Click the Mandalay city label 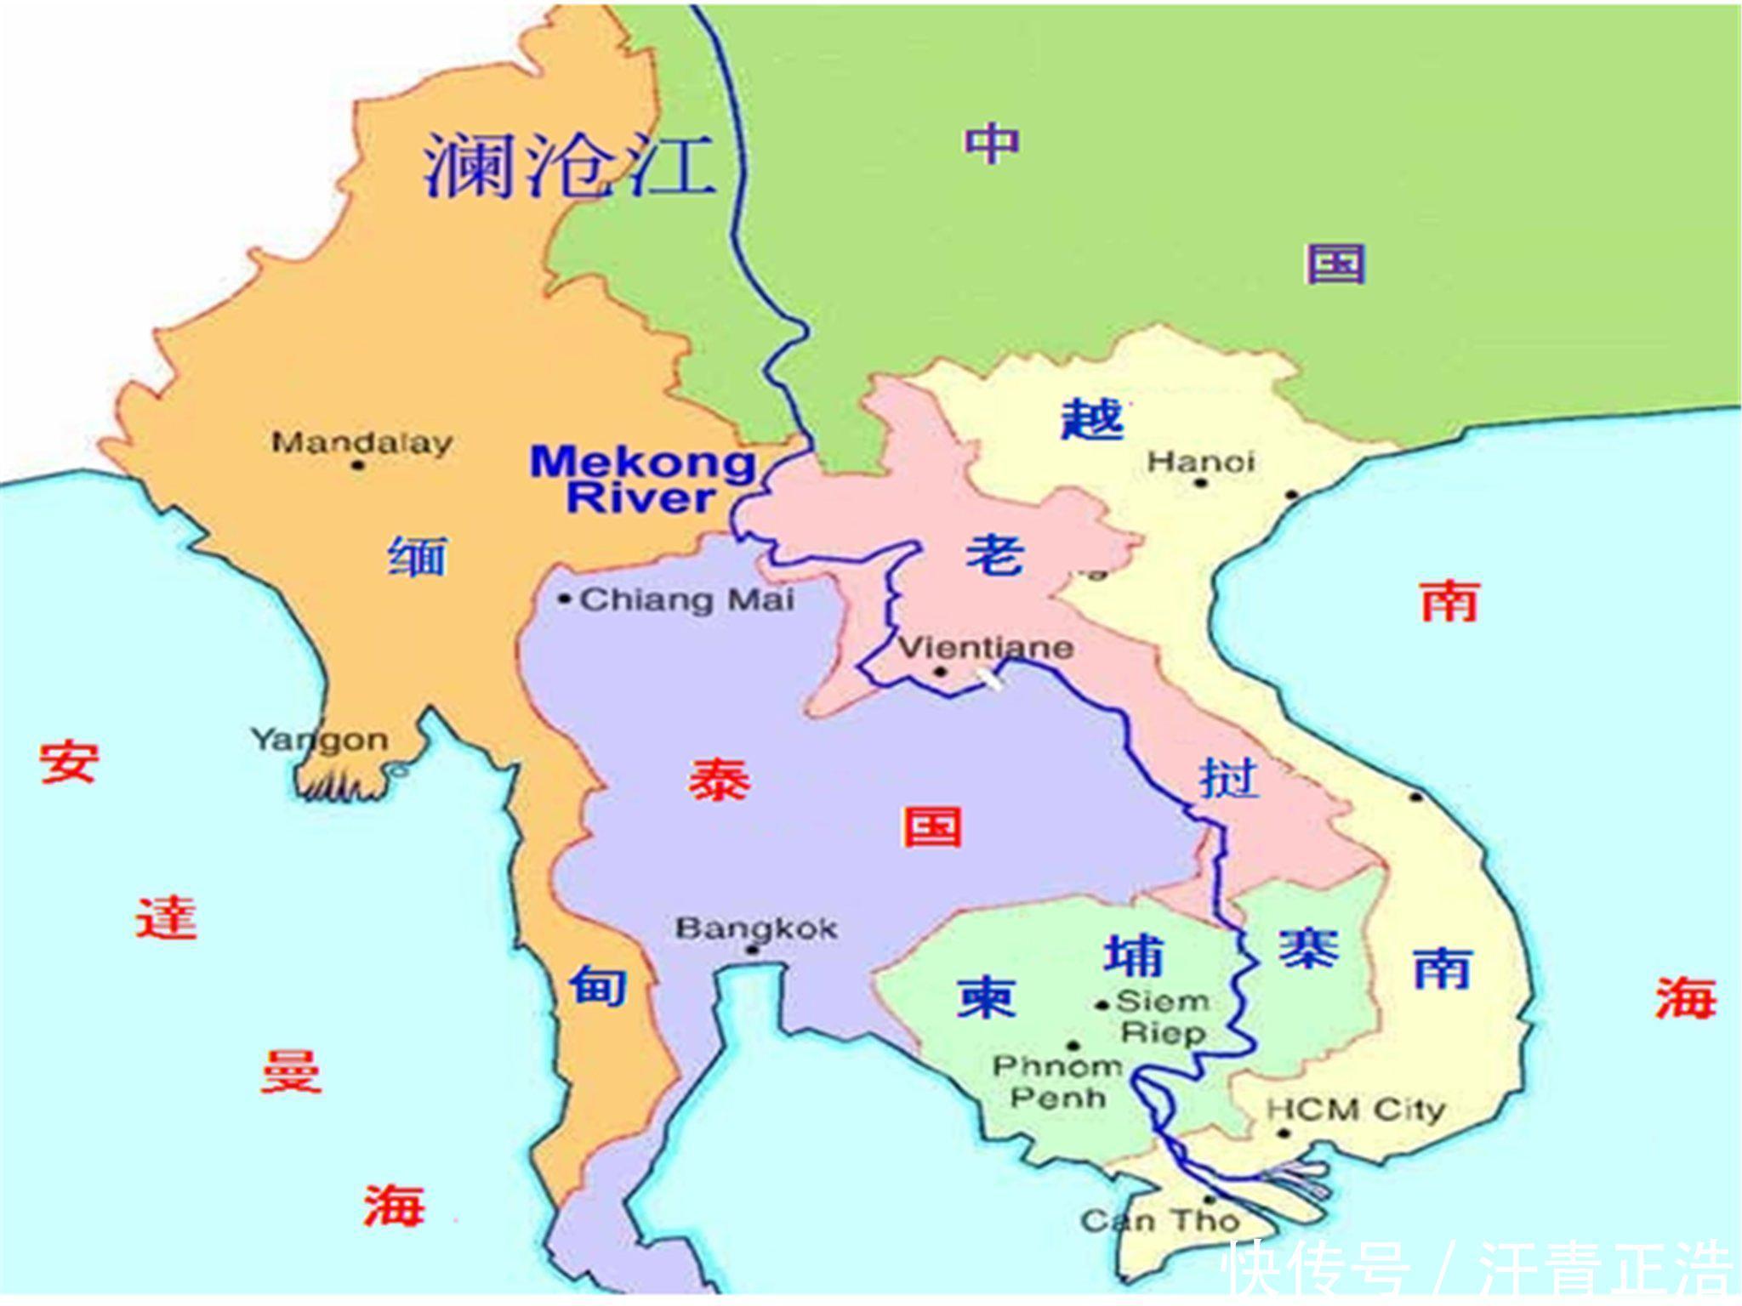[361, 443]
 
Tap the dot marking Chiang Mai [564, 599]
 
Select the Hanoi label [1200, 462]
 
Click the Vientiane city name [986, 649]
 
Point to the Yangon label [320, 740]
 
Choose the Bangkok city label [756, 928]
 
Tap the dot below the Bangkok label [752, 950]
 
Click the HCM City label [1355, 1109]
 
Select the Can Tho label [1160, 1222]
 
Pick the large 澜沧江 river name [568, 166]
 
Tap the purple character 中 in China [991, 144]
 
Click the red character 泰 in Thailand [720, 778]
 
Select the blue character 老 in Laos [994, 555]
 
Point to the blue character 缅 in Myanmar [417, 557]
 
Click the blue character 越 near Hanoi [1092, 418]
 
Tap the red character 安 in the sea [69, 762]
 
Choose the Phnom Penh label [1058, 1081]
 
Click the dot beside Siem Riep [1102, 1005]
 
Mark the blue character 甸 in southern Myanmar [598, 985]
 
